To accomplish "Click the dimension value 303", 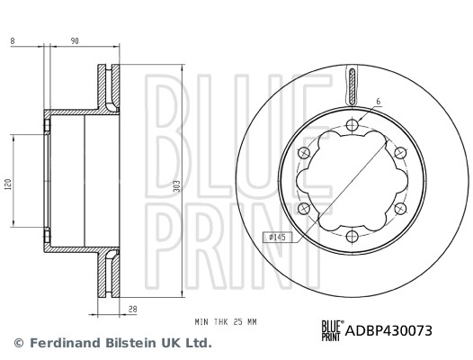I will (x=179, y=186).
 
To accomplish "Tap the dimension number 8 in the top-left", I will (x=13, y=40).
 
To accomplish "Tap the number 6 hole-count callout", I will (x=379, y=103).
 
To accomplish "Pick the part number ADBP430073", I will (x=388, y=330).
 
